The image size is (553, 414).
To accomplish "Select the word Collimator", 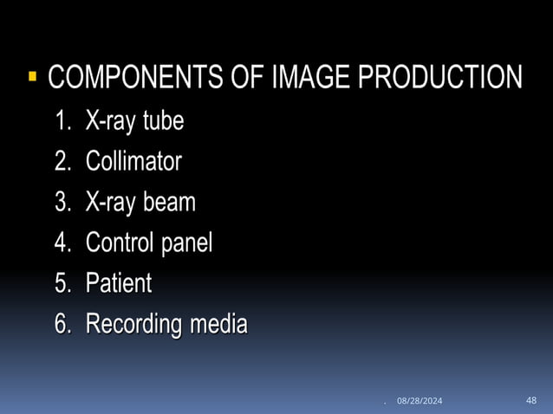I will tap(133, 162).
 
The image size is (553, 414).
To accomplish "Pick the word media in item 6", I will tap(219, 325).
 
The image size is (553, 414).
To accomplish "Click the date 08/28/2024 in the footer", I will tap(420, 400).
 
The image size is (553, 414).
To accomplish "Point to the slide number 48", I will tap(531, 399).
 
